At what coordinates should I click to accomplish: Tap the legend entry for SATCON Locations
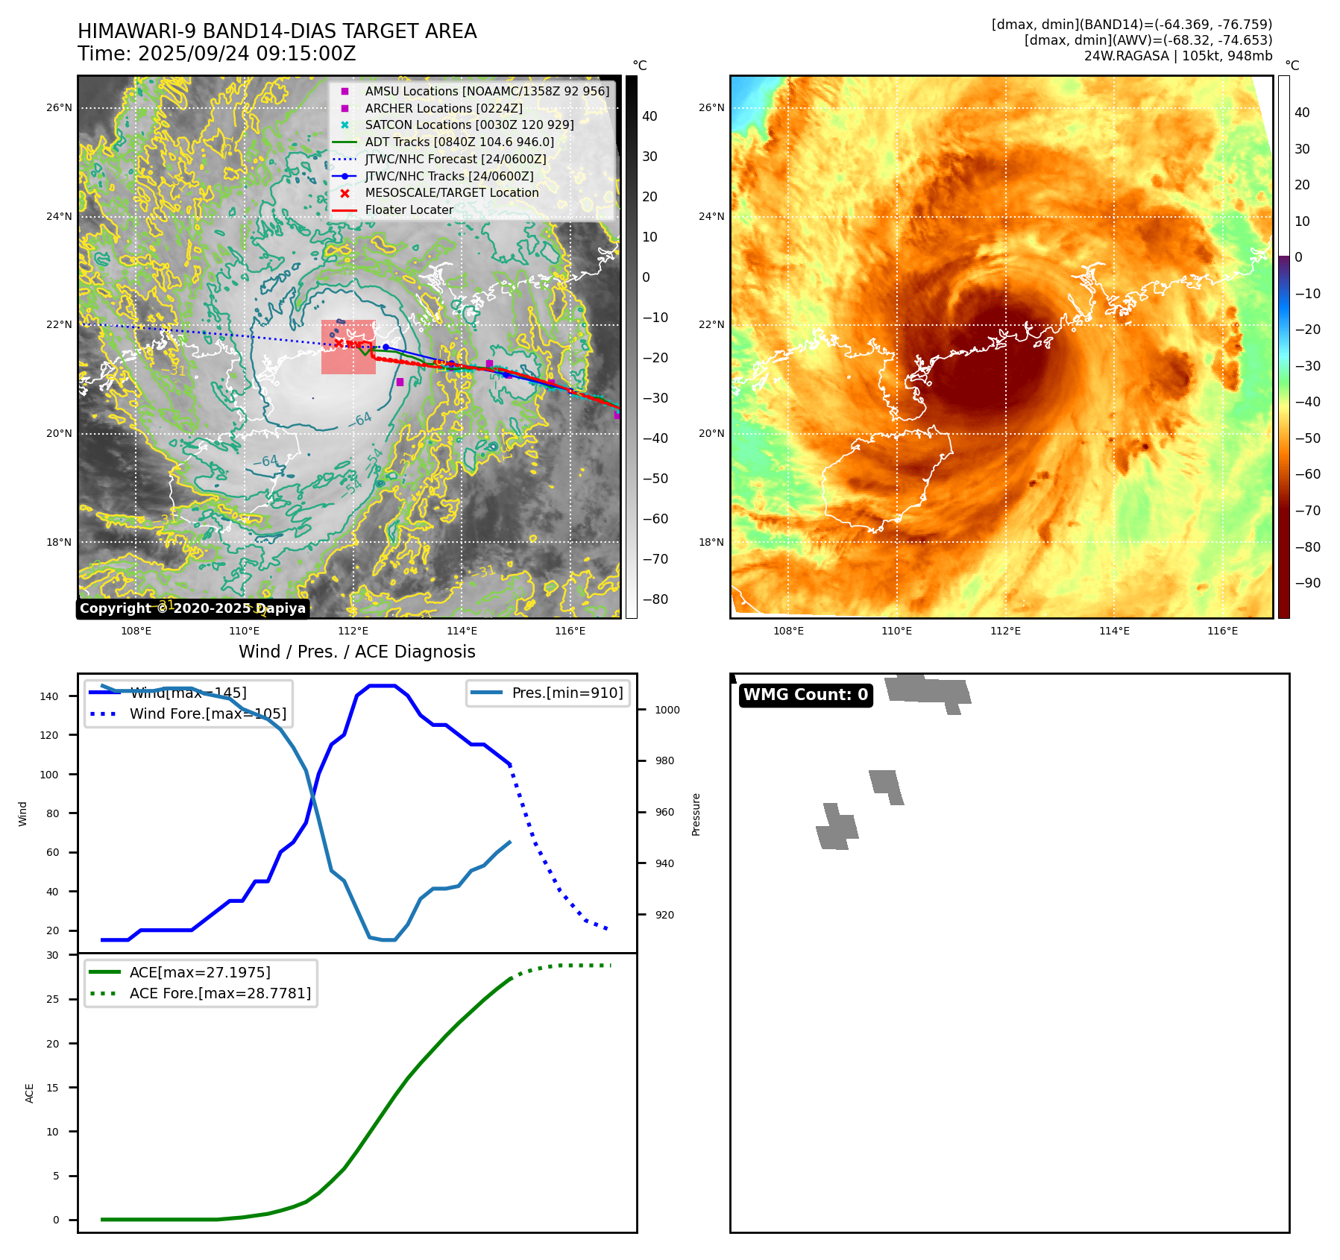pyautogui.click(x=469, y=125)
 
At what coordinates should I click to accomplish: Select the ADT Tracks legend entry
pyautogui.click(x=459, y=142)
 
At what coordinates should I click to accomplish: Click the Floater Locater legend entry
pyautogui.click(x=409, y=210)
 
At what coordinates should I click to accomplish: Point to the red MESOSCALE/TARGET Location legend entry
pyautogui.click(x=451, y=193)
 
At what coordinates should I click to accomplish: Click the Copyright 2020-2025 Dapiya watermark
pyautogui.click(x=192, y=608)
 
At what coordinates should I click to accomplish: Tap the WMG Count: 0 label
pyautogui.click(x=805, y=695)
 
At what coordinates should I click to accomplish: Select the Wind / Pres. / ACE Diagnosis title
pyautogui.click(x=356, y=652)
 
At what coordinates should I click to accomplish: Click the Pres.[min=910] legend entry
pyautogui.click(x=567, y=693)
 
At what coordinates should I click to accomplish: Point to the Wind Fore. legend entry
pyautogui.click(x=207, y=714)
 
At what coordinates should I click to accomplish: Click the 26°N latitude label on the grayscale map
pyautogui.click(x=60, y=108)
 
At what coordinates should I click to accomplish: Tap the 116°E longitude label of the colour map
pyautogui.click(x=1222, y=631)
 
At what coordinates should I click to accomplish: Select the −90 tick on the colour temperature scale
pyautogui.click(x=1307, y=583)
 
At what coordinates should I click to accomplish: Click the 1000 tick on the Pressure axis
pyautogui.click(x=667, y=710)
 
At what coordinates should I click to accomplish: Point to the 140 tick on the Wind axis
pyautogui.click(x=49, y=696)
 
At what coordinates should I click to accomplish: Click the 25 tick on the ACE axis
pyautogui.click(x=53, y=999)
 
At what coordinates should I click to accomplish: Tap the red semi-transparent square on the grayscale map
pyautogui.click(x=348, y=347)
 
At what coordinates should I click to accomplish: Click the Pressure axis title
pyautogui.click(x=696, y=814)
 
